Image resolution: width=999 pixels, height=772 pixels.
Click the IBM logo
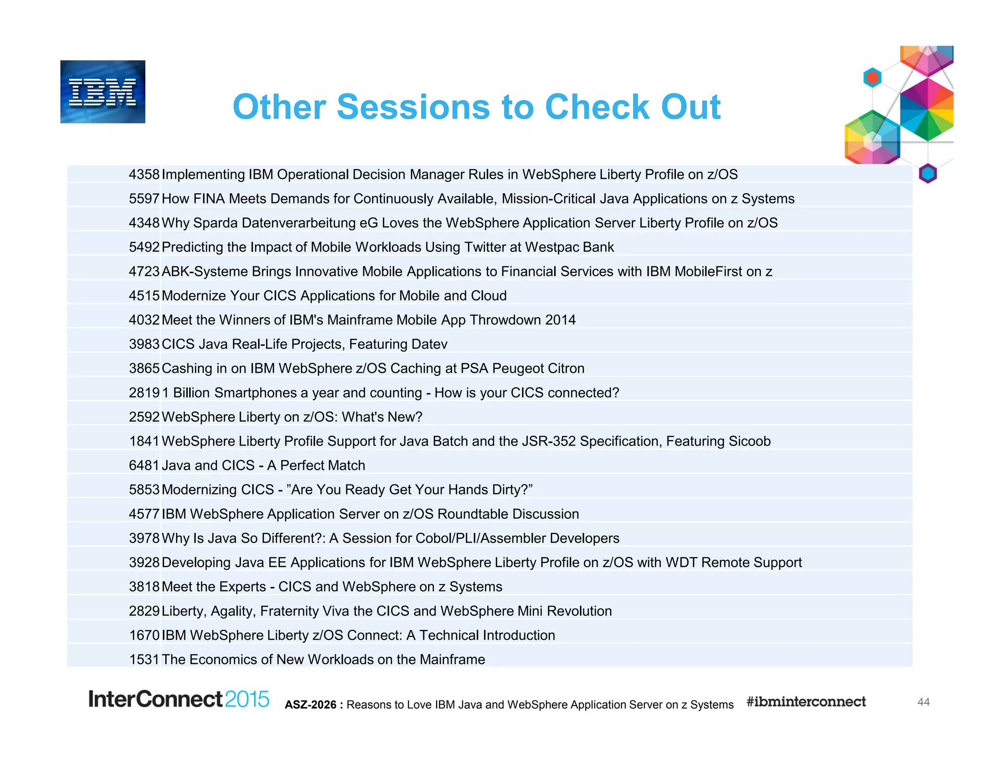tap(102, 92)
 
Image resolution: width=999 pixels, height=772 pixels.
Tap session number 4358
tap(144, 175)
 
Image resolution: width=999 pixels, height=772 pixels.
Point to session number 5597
tap(144, 199)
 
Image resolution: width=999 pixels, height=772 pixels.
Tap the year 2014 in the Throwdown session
tap(560, 320)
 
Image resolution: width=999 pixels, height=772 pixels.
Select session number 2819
tap(144, 393)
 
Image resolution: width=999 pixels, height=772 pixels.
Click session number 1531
tap(144, 660)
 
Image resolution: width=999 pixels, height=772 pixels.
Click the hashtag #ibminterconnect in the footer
tap(806, 702)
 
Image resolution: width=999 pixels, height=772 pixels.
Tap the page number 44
tap(923, 702)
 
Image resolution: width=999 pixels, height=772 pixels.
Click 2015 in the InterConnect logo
tap(247, 699)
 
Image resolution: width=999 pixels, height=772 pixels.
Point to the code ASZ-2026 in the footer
tap(311, 705)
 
